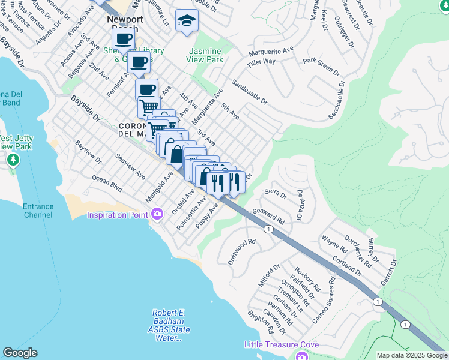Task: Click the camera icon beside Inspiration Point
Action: pyautogui.click(x=158, y=214)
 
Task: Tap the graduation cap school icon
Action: pyautogui.click(x=187, y=21)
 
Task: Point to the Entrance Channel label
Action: pyautogui.click(x=38, y=211)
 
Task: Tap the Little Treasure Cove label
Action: pyautogui.click(x=281, y=345)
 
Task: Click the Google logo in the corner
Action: pyautogui.click(x=20, y=353)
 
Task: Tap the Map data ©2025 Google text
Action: pyautogui.click(x=412, y=355)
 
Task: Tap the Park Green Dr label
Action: pyautogui.click(x=321, y=66)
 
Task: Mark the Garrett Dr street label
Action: pyautogui.click(x=388, y=272)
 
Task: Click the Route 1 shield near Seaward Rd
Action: pyautogui.click(x=268, y=229)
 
